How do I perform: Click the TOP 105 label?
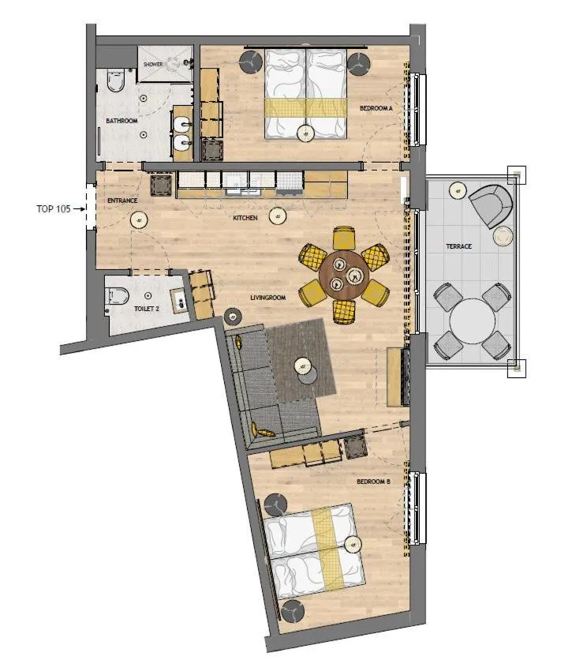point(54,209)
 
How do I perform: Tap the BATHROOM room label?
point(122,121)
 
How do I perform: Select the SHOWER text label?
point(153,64)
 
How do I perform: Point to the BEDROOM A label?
point(376,108)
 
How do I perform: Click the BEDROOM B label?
point(373,481)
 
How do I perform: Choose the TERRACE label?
point(458,246)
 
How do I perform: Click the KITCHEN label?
point(245,217)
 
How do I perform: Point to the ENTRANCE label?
point(122,201)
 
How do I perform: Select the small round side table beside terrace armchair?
point(503,235)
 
